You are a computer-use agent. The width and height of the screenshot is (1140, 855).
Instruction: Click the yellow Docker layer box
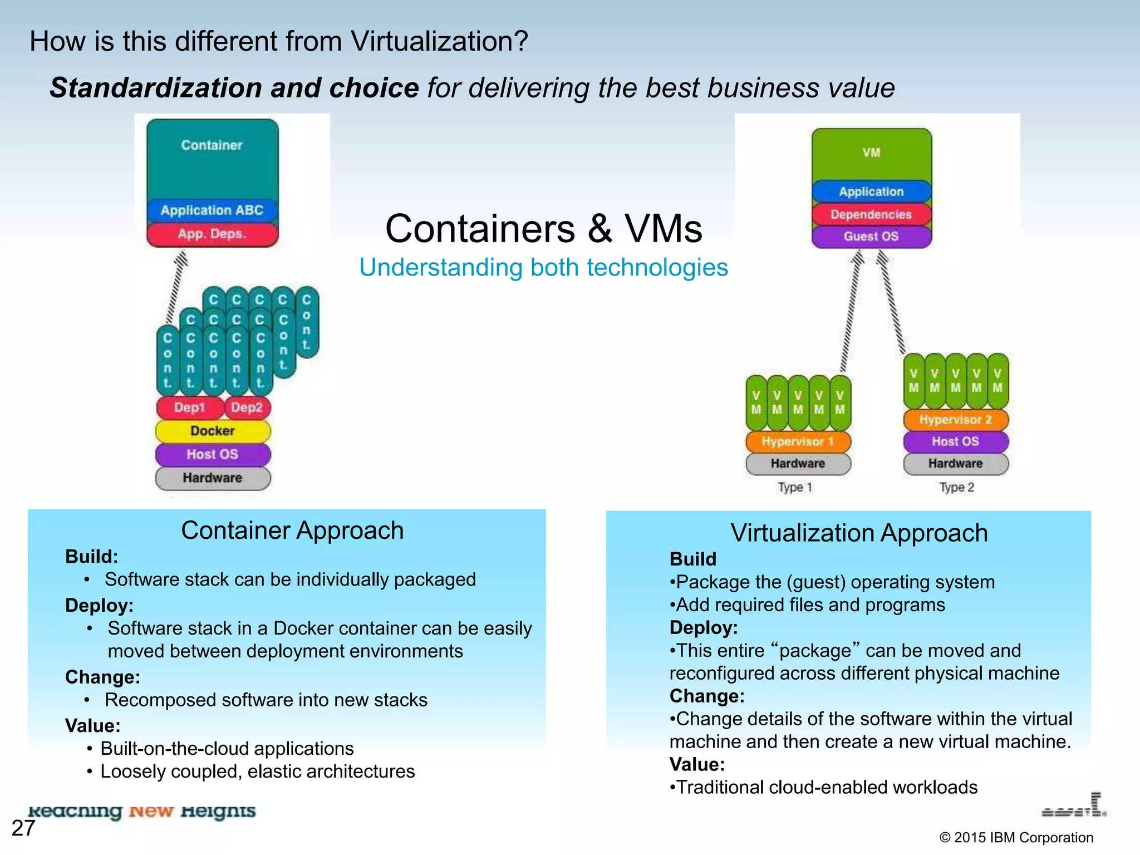tap(213, 431)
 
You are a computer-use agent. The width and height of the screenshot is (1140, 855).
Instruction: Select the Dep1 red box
tap(190, 407)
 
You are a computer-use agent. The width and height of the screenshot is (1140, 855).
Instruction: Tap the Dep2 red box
tap(247, 407)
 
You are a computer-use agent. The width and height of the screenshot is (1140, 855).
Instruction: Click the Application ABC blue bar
tap(212, 210)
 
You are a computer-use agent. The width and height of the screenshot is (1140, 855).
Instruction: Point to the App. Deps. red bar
tap(212, 234)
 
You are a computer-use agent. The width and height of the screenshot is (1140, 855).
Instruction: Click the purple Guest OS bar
tap(871, 236)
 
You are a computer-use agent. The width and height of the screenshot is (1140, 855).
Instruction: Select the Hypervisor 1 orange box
tap(798, 441)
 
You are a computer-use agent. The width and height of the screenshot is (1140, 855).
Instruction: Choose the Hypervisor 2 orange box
tap(955, 420)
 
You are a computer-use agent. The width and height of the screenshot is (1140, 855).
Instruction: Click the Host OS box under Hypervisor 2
tap(955, 441)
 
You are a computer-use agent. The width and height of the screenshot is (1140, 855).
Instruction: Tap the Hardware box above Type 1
tap(798, 463)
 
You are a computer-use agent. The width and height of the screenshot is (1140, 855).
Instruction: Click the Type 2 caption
tap(957, 487)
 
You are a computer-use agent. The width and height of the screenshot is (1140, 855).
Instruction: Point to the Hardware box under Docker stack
tap(213, 478)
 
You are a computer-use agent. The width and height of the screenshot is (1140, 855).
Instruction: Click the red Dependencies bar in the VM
tap(871, 214)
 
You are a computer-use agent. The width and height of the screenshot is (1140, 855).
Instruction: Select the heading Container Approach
tap(292, 530)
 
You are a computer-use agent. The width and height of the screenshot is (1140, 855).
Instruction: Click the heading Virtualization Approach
tap(859, 533)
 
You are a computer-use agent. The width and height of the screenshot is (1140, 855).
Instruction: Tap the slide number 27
tap(23, 828)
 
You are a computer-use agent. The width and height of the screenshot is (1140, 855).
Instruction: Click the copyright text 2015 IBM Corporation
tap(1016, 838)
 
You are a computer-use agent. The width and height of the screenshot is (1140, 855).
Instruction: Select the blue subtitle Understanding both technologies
tap(543, 267)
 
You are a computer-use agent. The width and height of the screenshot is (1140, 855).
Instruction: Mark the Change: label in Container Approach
tap(102, 677)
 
